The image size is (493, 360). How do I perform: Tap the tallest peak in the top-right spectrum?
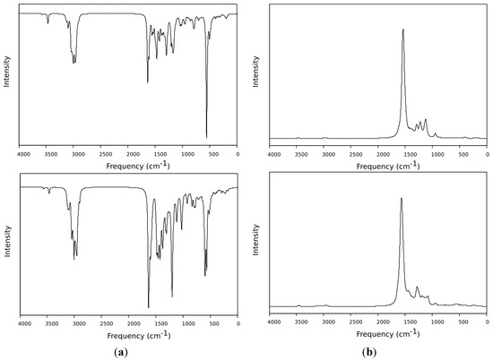(x=402, y=30)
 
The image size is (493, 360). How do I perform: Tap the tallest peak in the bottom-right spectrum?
(x=401, y=199)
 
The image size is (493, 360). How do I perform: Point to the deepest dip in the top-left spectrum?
(x=207, y=137)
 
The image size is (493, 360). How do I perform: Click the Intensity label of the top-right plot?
(x=256, y=75)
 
